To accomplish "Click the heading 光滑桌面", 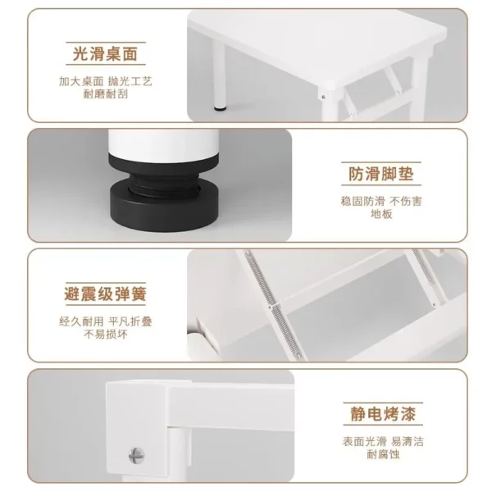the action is (106, 53).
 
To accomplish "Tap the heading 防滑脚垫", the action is (381, 174).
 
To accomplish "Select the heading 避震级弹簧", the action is (106, 294).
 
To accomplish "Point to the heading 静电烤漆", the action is (383, 414).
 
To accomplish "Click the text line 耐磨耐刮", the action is (106, 94).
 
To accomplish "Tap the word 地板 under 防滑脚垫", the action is (381, 214).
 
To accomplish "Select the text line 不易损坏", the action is (106, 335).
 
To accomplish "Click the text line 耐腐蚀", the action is (383, 454).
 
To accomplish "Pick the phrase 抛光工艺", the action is (130, 81).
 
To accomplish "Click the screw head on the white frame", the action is (136, 456).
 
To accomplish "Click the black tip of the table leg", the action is (221, 109).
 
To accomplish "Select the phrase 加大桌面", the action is (81, 81).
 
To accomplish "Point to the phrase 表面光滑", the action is (364, 442).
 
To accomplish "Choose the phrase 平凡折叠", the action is (130, 321).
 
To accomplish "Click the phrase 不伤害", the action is (406, 201).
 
